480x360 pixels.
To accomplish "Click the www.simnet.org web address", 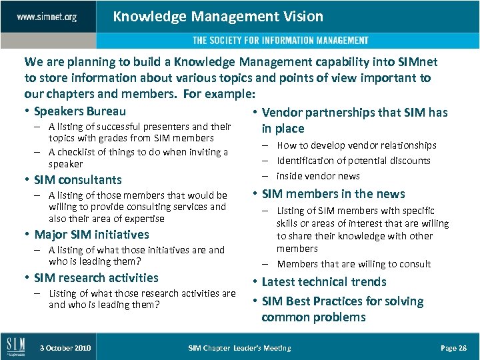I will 47,17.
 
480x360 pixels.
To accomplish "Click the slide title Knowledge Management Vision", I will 218,17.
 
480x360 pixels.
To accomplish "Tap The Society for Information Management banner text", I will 281,41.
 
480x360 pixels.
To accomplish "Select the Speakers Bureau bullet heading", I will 79,111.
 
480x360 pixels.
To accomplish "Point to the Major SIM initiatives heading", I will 91,235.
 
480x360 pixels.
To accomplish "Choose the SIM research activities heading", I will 96,278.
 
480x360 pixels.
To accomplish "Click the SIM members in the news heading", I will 333,194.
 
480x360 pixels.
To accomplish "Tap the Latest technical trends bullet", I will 324,282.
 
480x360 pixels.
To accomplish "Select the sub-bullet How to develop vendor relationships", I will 357,145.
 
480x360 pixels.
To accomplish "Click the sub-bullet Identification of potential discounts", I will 353,161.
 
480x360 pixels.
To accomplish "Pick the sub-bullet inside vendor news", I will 318,176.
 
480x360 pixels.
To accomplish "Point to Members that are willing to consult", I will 354,264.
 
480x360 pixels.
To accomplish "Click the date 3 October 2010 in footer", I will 65,348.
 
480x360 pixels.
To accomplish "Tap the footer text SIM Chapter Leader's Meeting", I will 239,348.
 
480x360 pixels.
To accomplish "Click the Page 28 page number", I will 453,348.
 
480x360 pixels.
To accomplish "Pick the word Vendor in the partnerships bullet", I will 281,113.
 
